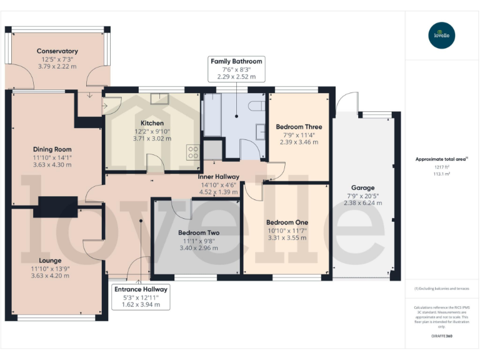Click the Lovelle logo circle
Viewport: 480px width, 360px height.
click(x=442, y=35)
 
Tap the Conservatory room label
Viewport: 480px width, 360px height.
click(x=57, y=51)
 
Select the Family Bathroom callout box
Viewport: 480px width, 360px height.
click(x=236, y=69)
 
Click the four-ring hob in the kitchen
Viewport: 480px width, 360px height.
click(x=193, y=152)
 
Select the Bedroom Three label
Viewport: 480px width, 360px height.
click(x=299, y=127)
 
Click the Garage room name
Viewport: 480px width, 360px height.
click(x=362, y=187)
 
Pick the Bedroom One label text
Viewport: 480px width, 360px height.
click(x=287, y=222)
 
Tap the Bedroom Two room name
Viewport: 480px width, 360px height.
click(x=198, y=232)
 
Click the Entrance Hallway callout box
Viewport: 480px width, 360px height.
click(x=141, y=297)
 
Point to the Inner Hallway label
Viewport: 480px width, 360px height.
click(x=218, y=177)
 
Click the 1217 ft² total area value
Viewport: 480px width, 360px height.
click(x=442, y=168)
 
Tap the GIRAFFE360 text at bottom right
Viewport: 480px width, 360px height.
click(x=442, y=336)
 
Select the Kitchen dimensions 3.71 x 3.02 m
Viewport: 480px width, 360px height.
click(x=152, y=138)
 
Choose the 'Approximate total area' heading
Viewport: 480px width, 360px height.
click(x=441, y=159)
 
